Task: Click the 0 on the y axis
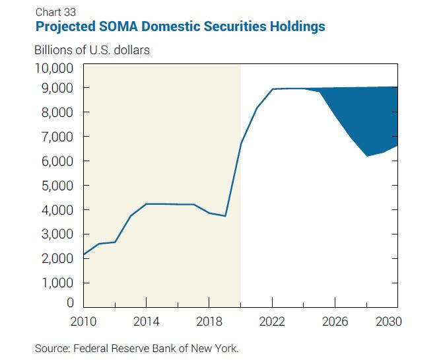coord(68,304)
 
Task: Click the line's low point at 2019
coord(225,216)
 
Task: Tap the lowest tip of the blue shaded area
coord(366,156)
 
